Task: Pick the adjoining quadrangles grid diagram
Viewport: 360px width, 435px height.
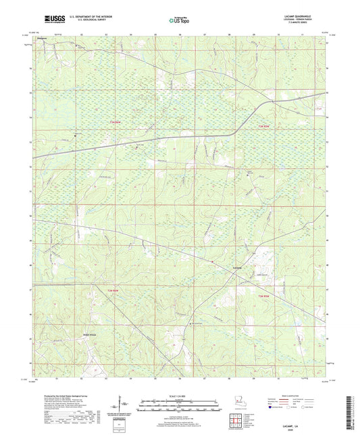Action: [x=236, y=425]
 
